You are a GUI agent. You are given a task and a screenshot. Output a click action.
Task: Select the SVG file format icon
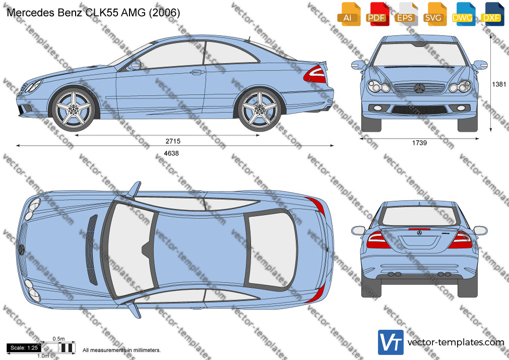coord(434,14)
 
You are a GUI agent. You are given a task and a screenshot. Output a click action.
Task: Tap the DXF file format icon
coord(492,14)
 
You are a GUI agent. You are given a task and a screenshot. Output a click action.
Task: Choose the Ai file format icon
coord(349,14)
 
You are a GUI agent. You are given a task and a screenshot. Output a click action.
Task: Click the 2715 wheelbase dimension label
coord(173,141)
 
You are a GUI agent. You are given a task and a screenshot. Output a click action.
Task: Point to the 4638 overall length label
coord(171,153)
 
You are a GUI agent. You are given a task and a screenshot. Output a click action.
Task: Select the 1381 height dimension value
coord(499,84)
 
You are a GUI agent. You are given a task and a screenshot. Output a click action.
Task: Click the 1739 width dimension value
coord(419,143)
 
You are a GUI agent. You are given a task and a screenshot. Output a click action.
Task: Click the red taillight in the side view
coord(315,74)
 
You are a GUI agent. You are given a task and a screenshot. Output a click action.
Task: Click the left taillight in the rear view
coord(377,240)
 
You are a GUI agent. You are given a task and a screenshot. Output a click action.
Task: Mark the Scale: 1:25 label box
coord(24,348)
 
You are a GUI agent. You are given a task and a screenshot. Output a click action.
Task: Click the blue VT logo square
coord(391,342)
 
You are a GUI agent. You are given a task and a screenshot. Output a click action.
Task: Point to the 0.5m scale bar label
coord(59,339)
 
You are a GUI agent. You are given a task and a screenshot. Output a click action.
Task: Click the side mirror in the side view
coord(135,65)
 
